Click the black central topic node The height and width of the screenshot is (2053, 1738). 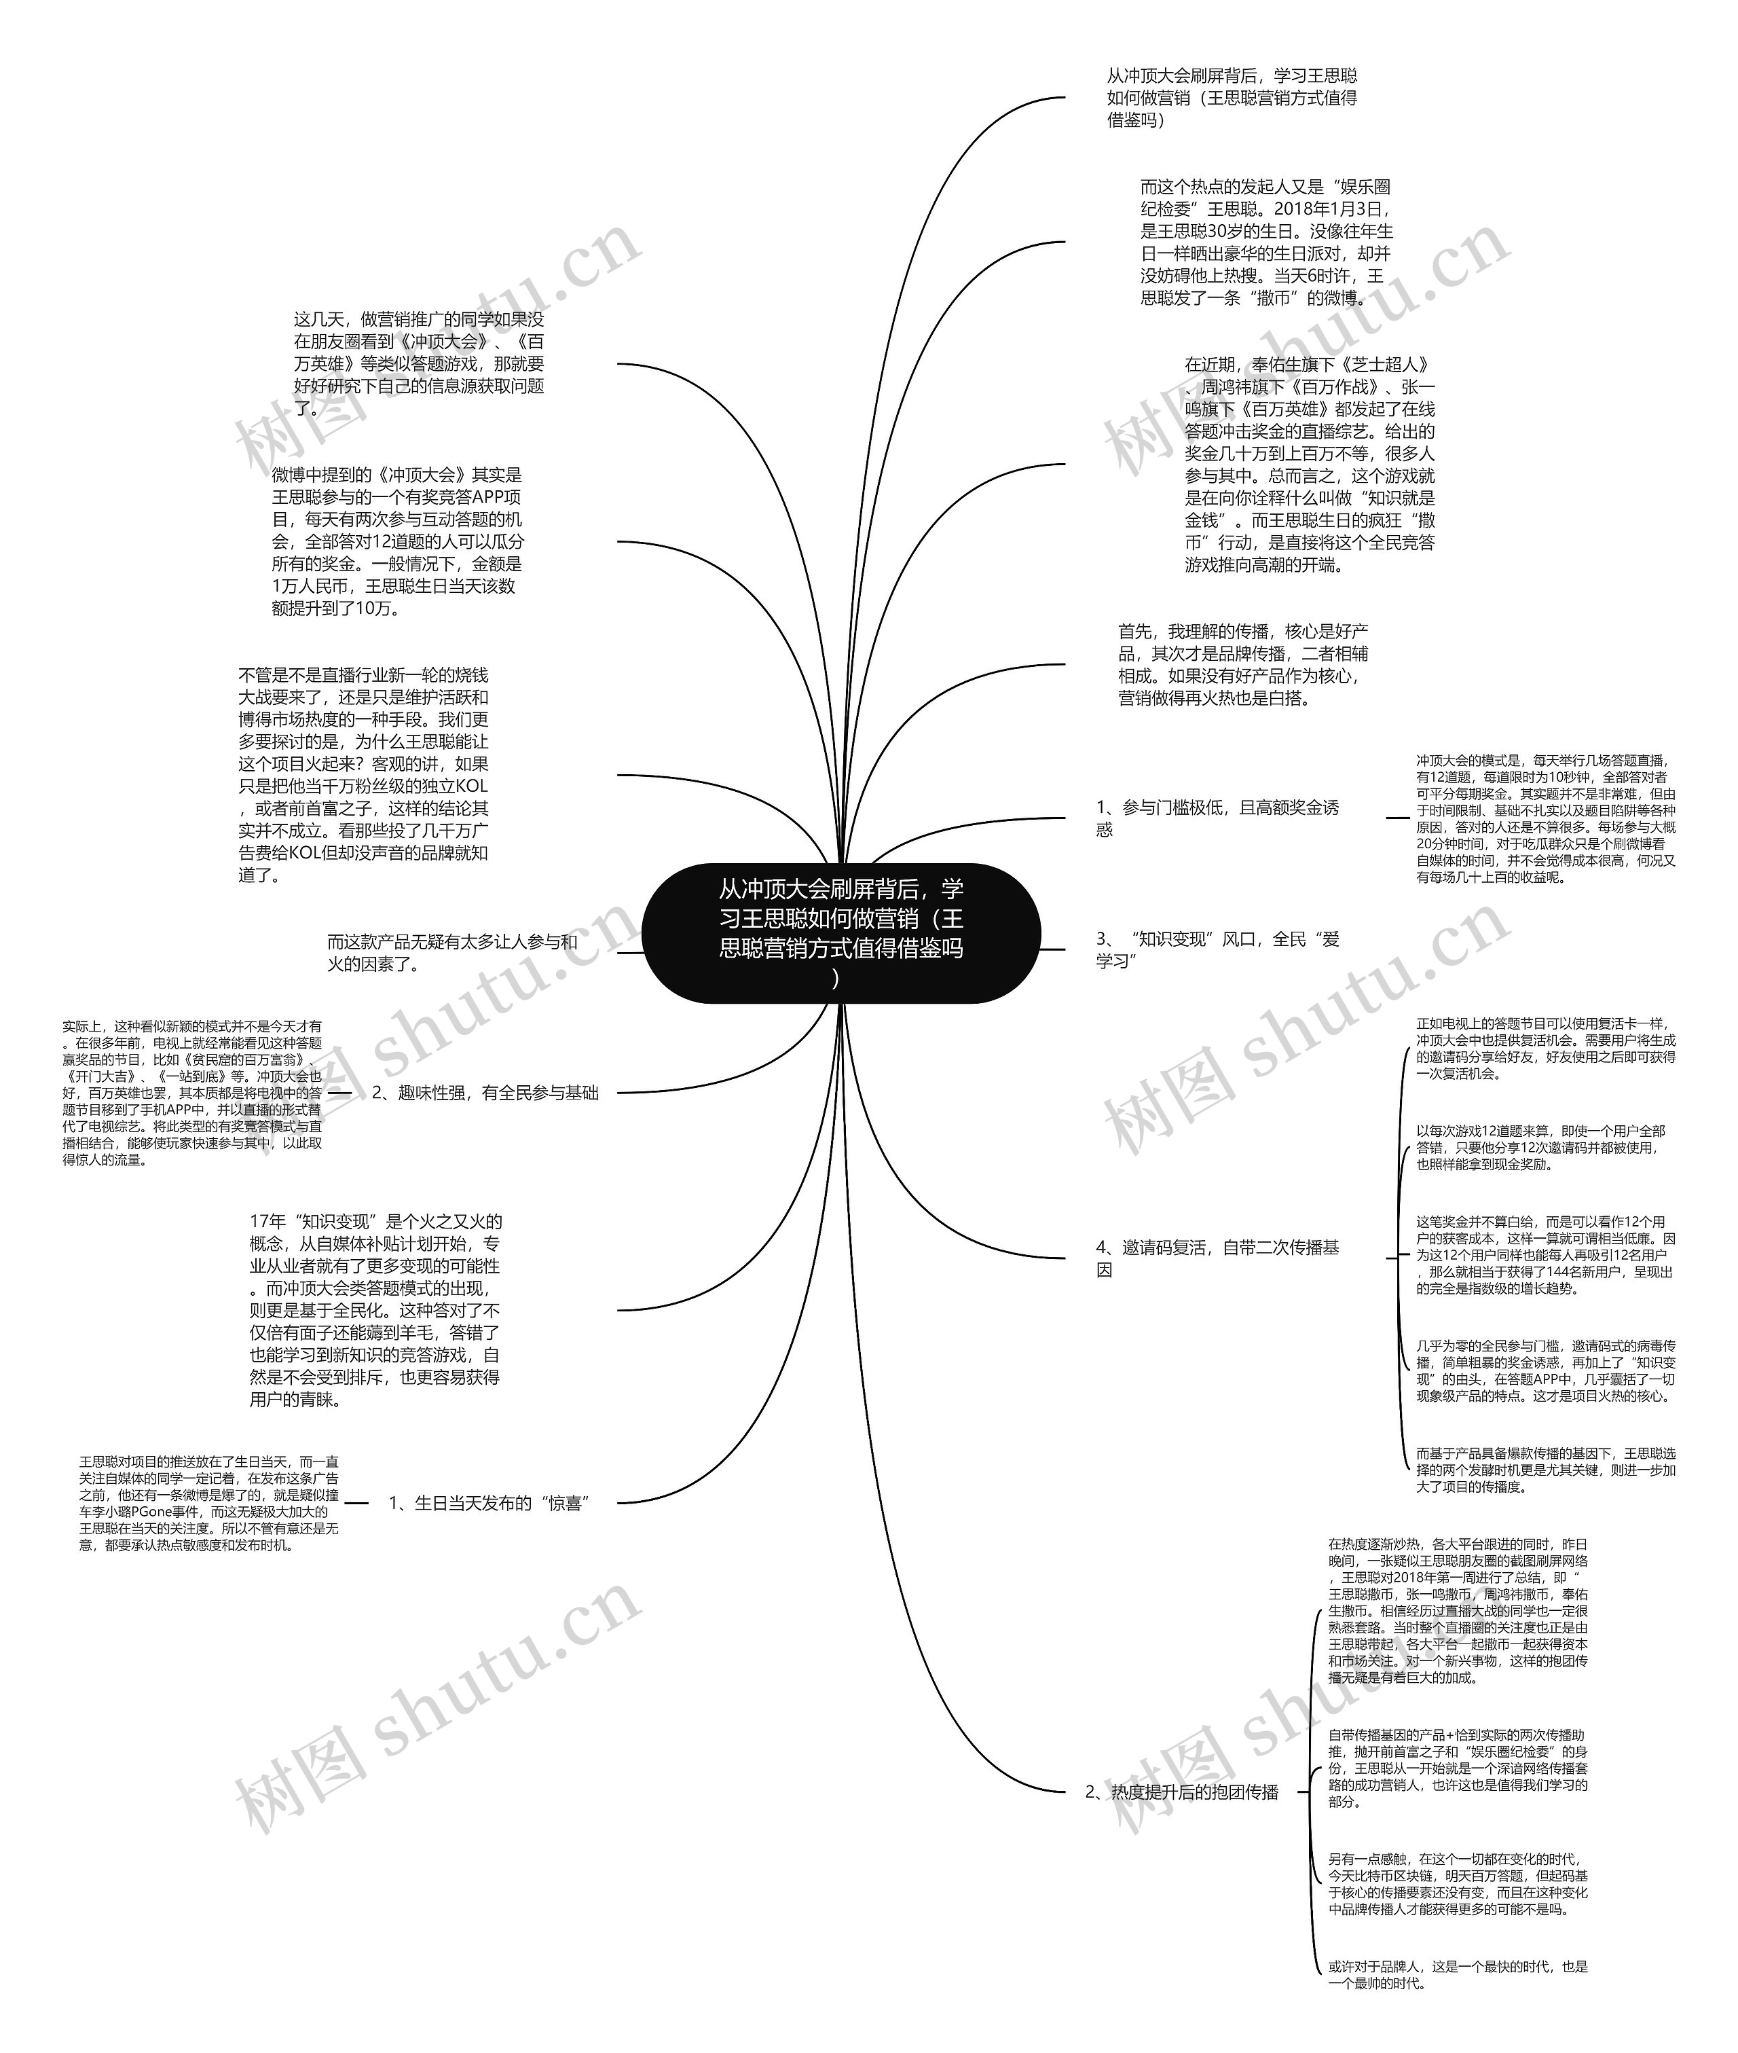840,932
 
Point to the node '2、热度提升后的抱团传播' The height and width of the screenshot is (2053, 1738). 1181,1792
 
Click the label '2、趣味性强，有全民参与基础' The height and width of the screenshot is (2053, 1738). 485,1093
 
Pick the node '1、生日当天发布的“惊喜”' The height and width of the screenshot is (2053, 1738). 489,1503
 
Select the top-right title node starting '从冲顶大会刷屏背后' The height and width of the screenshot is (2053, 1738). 1232,98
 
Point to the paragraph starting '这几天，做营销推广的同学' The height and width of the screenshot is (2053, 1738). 419,363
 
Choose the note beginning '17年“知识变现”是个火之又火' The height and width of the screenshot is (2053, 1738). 374,1310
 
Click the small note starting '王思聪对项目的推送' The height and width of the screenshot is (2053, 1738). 209,1503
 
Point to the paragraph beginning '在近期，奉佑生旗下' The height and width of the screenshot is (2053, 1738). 1310,465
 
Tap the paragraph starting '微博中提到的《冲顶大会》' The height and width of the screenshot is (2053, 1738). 397,541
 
